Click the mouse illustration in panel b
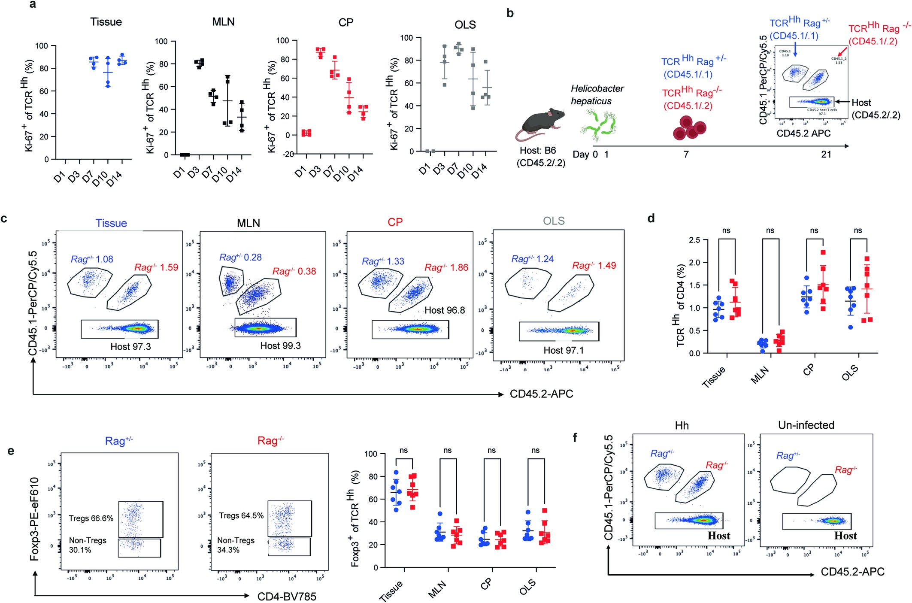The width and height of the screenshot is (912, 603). pos(540,124)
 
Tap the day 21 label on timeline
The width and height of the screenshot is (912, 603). pos(826,155)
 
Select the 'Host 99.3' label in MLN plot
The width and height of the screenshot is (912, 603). pos(280,346)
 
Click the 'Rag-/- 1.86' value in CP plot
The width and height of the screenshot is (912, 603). pos(446,268)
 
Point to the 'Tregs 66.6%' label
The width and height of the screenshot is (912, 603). pos(91,518)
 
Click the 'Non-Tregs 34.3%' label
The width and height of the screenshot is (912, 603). pos(236,545)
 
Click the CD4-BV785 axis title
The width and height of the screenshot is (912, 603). pos(287,597)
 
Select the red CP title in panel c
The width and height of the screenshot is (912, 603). pos(395,222)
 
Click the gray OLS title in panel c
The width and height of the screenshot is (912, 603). pos(554,221)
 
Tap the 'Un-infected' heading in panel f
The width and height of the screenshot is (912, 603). pos(806,425)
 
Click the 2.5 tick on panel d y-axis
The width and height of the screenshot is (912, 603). pos(694,240)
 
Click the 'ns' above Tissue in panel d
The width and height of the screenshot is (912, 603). pos(726,231)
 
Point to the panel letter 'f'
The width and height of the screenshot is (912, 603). pos(575,437)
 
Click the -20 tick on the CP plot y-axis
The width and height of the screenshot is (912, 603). pos(288,154)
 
